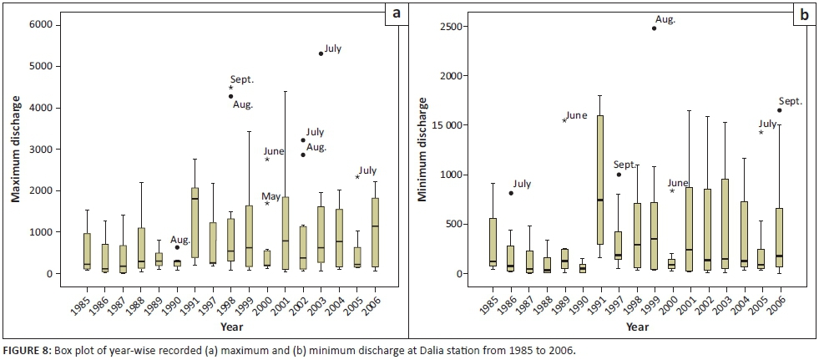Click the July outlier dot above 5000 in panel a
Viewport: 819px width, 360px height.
point(321,53)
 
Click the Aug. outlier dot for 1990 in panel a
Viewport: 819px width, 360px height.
point(177,247)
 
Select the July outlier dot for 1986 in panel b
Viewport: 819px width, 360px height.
point(511,193)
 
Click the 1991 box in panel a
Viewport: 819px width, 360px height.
point(195,222)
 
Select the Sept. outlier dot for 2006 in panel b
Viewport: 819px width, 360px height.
point(780,110)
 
